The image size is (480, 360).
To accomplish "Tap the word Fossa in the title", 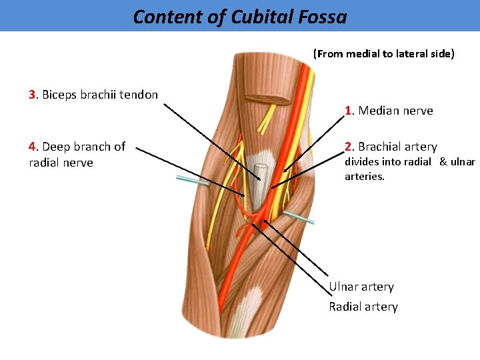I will click(x=323, y=17).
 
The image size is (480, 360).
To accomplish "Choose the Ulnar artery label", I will click(x=361, y=287).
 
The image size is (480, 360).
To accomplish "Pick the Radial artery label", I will click(x=363, y=307).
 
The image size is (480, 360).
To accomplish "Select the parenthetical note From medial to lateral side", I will click(x=384, y=54).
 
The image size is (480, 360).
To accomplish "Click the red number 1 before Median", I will click(x=348, y=111).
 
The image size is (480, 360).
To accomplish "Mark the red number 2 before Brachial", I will click(x=348, y=147).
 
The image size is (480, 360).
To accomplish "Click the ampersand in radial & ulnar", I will click(x=443, y=162).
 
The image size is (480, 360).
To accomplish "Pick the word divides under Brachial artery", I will click(x=361, y=162).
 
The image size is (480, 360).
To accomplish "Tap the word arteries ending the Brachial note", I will click(x=364, y=177).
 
